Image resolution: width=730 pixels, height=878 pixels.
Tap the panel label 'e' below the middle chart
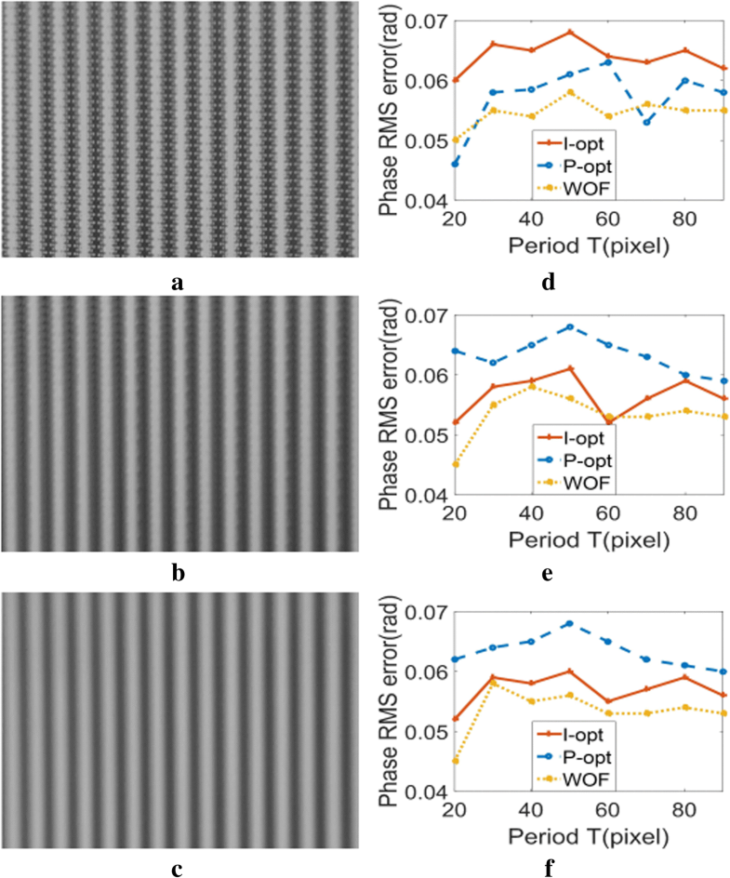point(548,573)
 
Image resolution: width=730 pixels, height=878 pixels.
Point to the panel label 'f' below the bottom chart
point(548,868)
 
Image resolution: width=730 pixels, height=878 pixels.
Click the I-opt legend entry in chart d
point(586,141)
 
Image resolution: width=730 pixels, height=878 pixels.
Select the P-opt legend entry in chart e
point(586,459)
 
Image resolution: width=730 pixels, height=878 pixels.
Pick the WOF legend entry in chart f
point(586,776)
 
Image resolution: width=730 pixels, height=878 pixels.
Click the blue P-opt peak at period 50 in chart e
point(570,326)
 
